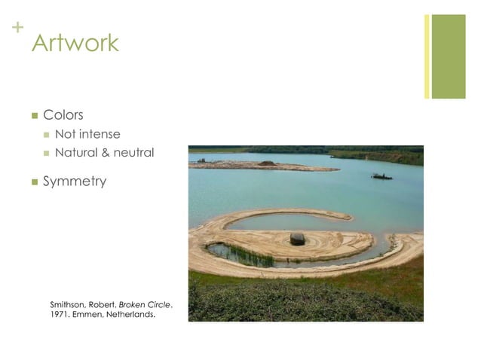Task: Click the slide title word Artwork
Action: click(75, 43)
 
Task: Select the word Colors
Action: click(63, 115)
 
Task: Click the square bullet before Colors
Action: click(33, 116)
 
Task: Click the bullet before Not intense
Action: click(47, 136)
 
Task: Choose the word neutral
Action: click(133, 153)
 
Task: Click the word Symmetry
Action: click(75, 182)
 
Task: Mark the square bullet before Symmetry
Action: click(33, 182)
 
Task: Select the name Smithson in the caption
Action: click(68, 304)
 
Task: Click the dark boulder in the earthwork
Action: click(297, 239)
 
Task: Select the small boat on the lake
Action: click(381, 176)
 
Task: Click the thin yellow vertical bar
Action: click(427, 56)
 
